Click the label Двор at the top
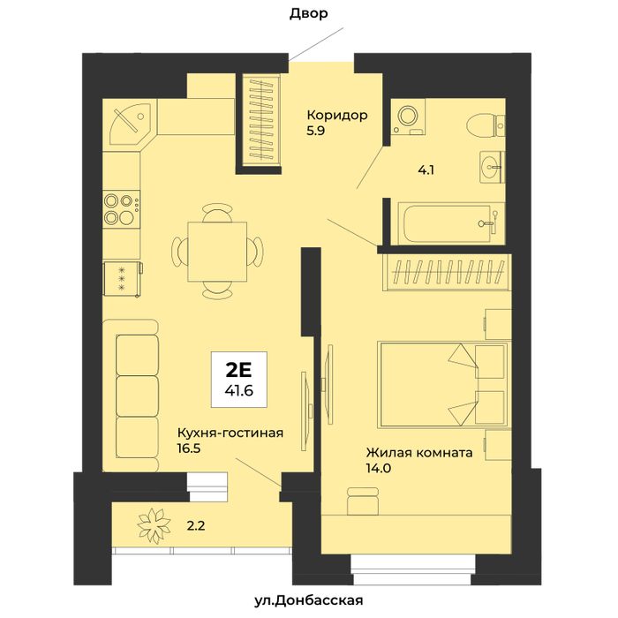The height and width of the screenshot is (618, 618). [x=309, y=14]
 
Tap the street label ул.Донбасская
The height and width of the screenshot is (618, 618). [x=309, y=600]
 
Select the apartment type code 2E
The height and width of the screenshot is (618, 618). [x=238, y=370]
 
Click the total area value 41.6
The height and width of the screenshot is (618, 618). [x=239, y=390]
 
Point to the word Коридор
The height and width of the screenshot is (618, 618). [x=337, y=116]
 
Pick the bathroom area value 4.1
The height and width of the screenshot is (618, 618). [x=426, y=170]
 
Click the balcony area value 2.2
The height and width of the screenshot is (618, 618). [x=196, y=526]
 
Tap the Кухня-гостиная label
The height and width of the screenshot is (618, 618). [x=230, y=433]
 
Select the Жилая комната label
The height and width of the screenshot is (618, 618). [x=419, y=452]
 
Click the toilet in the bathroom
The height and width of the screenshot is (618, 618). [x=486, y=125]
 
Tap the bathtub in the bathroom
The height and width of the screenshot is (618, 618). [x=450, y=223]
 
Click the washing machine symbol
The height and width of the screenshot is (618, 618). [x=409, y=117]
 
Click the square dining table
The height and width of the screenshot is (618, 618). [x=217, y=252]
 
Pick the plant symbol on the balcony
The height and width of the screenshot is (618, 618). [x=154, y=526]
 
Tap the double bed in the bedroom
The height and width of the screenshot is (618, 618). [x=442, y=384]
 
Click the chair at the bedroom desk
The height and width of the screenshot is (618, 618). [x=363, y=501]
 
